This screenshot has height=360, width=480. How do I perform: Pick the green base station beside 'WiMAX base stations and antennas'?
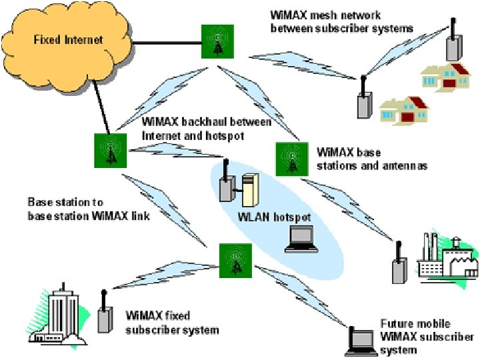pos(291,159)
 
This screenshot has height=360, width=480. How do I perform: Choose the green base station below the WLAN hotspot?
pos(235,259)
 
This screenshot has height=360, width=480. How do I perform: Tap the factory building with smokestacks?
pos(445,257)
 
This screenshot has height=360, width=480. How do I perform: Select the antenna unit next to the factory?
pos(398,263)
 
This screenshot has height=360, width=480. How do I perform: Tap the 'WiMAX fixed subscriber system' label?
pos(172,321)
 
